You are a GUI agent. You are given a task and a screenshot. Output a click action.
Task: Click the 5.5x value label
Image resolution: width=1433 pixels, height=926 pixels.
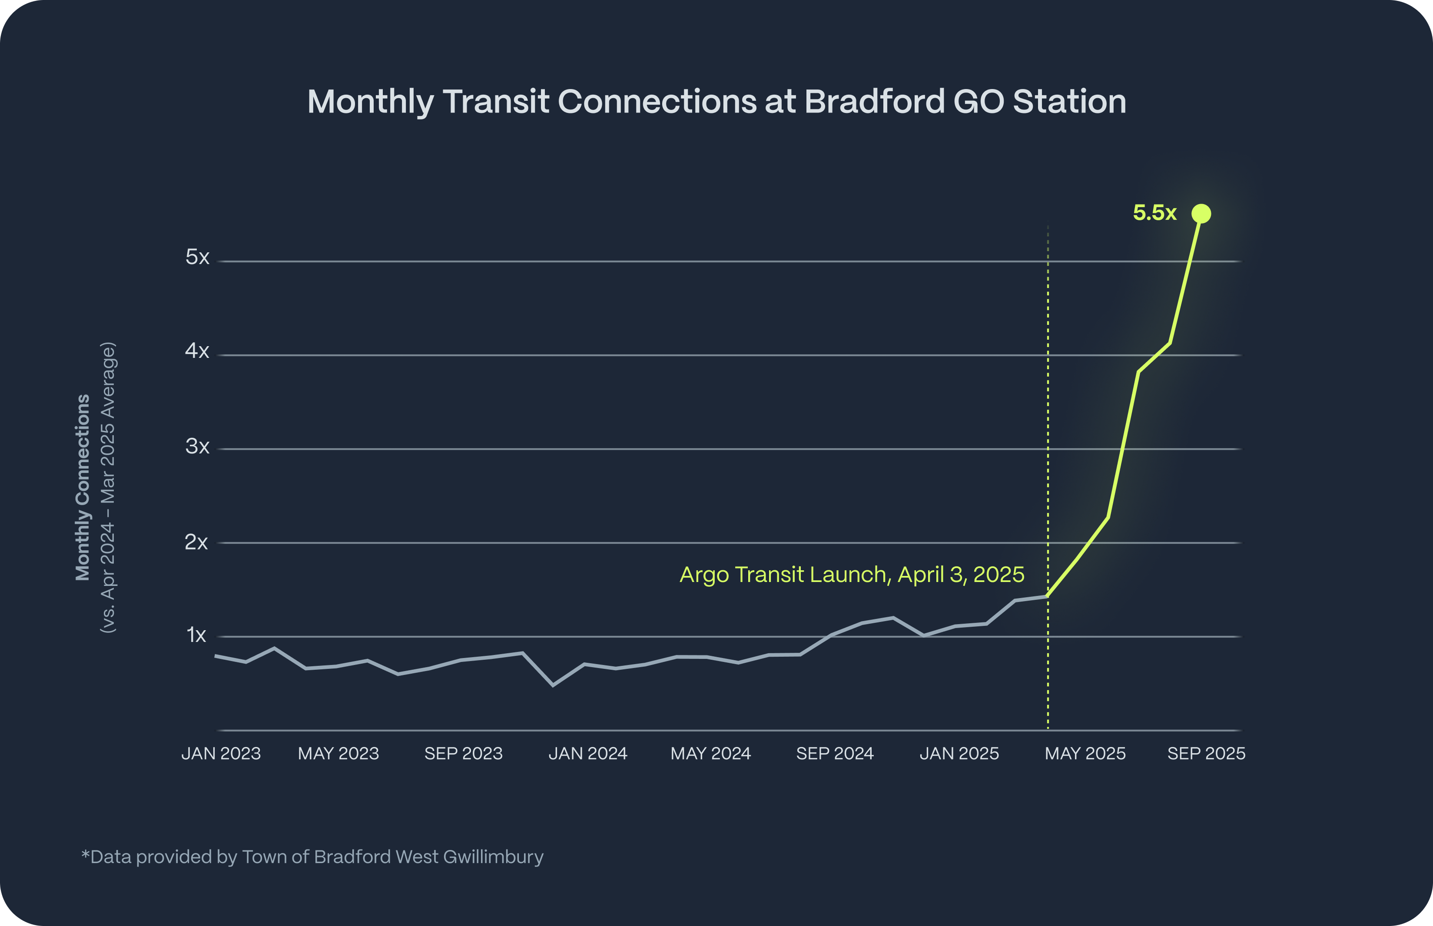point(1154,213)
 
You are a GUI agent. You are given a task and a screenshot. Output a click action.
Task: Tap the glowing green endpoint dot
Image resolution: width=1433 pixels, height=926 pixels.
point(1201,213)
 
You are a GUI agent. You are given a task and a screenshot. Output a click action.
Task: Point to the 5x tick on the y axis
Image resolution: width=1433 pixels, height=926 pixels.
point(197,258)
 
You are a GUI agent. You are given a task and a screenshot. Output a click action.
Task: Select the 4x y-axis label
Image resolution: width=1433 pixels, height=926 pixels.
point(197,351)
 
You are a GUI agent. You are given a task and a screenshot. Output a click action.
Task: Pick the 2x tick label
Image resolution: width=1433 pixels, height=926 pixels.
point(196,542)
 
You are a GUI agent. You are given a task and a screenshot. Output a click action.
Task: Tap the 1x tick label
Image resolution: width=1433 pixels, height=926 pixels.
point(196,635)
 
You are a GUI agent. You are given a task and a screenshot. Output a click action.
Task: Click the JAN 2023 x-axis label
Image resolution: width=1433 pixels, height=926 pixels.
point(221,754)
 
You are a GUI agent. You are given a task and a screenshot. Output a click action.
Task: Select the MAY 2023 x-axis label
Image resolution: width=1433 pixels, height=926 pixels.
point(338,754)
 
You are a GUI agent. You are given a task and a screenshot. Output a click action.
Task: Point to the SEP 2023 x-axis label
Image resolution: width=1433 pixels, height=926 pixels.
point(463,754)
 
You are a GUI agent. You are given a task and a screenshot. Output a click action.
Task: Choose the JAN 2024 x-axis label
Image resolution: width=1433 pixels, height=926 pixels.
point(587,754)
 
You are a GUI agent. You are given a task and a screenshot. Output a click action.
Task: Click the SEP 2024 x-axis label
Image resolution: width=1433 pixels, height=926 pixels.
point(835,754)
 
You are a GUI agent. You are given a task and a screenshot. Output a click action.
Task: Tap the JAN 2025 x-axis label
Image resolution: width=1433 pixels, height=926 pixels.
point(959,754)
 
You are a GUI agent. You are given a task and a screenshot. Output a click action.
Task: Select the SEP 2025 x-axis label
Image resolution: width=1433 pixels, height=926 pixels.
point(1206,754)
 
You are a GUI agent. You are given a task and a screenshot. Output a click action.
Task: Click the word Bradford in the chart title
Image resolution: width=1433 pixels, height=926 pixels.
point(874,101)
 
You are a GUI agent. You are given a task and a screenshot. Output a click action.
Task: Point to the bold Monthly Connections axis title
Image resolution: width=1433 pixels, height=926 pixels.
point(83,487)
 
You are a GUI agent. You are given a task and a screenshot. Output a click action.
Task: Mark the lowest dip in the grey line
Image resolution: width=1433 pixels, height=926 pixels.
point(553,685)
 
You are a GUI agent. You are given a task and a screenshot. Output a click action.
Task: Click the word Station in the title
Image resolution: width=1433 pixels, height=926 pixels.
point(1069,101)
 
